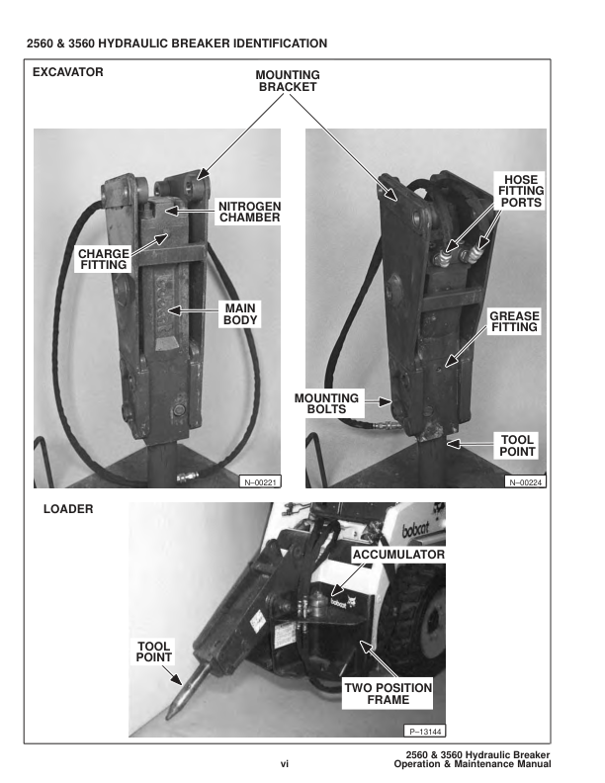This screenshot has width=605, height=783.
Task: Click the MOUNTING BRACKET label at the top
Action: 288,80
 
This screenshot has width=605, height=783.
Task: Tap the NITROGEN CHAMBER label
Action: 250,212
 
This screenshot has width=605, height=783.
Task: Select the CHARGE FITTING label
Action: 103,259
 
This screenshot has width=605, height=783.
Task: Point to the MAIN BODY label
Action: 239,314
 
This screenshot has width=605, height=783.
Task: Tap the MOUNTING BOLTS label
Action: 327,404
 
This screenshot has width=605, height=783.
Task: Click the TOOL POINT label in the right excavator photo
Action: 517,446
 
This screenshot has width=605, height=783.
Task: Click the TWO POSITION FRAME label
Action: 388,693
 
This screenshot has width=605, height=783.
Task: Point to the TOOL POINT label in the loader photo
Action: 153,652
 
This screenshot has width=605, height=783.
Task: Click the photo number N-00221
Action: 261,481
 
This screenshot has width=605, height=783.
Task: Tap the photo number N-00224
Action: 526,481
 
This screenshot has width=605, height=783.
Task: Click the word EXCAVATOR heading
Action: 67,72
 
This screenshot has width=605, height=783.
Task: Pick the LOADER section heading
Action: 68,510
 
